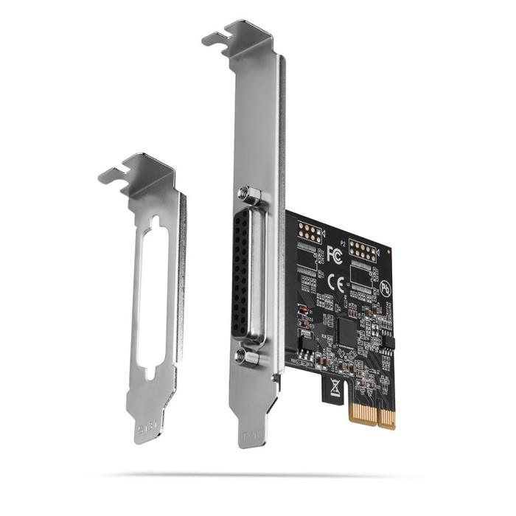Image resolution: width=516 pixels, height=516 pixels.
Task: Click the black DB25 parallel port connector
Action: coord(244,276)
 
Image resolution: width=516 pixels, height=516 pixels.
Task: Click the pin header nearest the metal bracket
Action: coord(307,232)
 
